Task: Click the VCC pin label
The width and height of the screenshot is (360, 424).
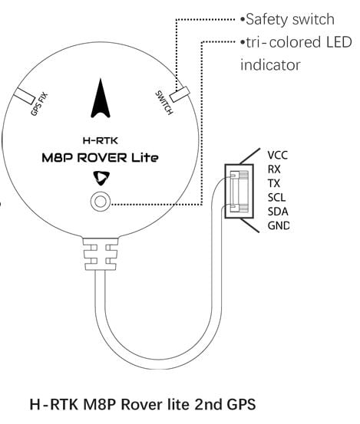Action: click(278, 153)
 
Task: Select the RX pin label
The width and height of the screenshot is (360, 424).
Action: click(274, 168)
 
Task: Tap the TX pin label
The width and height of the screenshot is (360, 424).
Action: click(274, 182)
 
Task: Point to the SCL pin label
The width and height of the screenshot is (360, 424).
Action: click(276, 197)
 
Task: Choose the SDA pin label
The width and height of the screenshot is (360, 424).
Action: click(277, 211)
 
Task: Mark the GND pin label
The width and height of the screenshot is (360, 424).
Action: click(278, 225)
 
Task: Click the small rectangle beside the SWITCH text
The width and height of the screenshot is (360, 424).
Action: click(180, 95)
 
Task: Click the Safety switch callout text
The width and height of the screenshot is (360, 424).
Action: click(288, 18)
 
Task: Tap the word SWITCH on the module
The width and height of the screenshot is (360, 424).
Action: click(163, 101)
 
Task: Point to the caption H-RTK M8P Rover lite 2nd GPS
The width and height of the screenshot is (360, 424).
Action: click(142, 403)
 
